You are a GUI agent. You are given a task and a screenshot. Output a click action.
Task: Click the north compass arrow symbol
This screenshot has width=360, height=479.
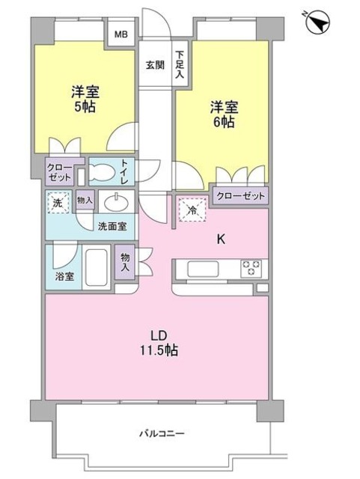click(318, 22)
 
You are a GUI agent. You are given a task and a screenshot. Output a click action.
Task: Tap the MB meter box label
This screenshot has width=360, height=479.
click(121, 34)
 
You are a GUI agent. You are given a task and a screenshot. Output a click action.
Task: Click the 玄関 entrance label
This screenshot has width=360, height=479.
click(155, 65)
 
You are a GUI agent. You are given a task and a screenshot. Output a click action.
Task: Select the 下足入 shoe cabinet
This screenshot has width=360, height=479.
click(180, 64)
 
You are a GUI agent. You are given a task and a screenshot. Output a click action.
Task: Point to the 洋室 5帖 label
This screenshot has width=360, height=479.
click(85, 100)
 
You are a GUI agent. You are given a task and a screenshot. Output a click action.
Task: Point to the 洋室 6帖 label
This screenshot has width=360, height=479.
click(224, 115)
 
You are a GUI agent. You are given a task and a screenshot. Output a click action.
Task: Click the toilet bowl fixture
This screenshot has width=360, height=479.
click(102, 171)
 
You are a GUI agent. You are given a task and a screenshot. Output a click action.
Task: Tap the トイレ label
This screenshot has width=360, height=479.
click(124, 171)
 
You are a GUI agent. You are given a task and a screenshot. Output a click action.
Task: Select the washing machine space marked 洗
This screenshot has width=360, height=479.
click(58, 203)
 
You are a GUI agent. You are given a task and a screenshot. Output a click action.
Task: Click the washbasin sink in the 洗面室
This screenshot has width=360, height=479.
click(116, 201)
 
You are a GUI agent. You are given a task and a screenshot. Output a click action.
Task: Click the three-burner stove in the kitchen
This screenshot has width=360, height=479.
click(251, 269)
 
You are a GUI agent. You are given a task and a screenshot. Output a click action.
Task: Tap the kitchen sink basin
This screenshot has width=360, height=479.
click(203, 269)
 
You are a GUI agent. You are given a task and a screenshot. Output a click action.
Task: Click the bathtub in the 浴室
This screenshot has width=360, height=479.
click(97, 267)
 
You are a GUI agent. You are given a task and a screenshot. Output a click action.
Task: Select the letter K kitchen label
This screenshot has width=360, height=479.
click(221, 239)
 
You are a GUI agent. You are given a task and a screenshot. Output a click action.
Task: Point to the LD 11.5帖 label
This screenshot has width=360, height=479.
click(159, 343)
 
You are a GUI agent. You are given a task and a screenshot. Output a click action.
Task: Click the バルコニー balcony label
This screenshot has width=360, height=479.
click(162, 433)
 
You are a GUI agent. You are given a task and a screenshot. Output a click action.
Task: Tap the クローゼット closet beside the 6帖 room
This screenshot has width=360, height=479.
click(240, 196)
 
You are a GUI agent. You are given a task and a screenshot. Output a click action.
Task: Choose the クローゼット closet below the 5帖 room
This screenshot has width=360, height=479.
click(60, 172)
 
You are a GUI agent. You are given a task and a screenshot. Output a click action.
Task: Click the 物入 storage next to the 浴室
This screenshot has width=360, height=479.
click(125, 262)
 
